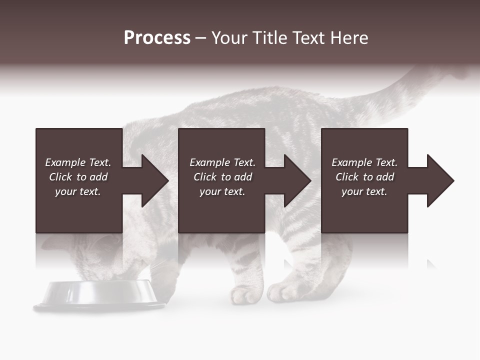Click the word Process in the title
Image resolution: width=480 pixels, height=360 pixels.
(157, 38)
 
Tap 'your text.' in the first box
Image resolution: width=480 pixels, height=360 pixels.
(78, 191)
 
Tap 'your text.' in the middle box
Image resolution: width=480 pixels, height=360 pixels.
(222, 191)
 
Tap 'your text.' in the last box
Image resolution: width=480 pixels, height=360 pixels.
(364, 191)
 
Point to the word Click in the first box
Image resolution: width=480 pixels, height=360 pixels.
(60, 177)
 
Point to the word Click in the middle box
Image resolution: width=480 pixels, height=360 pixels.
(205, 177)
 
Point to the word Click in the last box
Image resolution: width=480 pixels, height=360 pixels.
(347, 177)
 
